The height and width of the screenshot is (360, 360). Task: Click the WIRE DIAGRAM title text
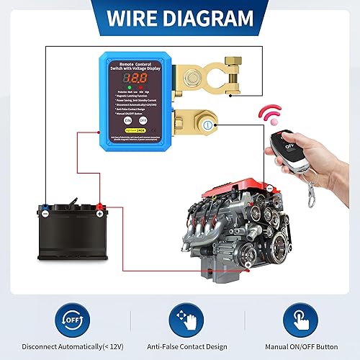[x=180, y=18]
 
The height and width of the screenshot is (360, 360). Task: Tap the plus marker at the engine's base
[x=248, y=265]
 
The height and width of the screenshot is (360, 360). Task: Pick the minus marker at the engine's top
[x=269, y=188]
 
